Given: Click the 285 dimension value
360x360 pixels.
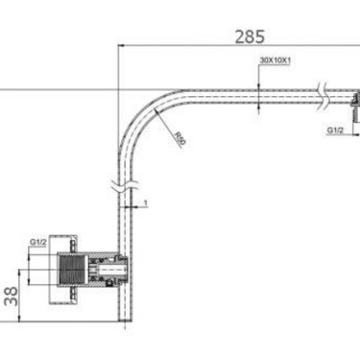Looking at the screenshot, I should pos(251,38).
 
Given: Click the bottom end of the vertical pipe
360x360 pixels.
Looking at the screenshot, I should pos(122,321).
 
